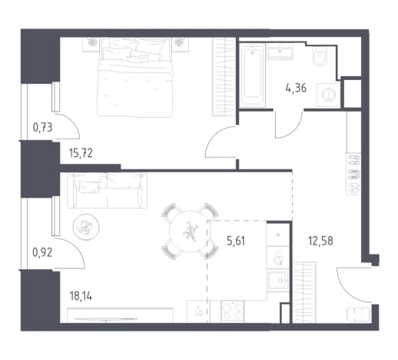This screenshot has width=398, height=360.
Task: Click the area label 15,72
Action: tap(81, 153)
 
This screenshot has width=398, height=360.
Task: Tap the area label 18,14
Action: tap(81, 296)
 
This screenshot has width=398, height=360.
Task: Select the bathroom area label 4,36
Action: tap(296, 88)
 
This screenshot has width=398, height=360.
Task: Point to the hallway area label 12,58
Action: tap(320, 241)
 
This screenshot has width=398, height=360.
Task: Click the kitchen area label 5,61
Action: tap(236, 241)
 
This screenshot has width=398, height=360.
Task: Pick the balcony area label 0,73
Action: tap(42, 127)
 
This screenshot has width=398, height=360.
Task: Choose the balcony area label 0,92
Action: tap(42, 253)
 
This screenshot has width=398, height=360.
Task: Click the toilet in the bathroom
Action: tap(320, 57)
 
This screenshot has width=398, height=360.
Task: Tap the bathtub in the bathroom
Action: tap(253, 75)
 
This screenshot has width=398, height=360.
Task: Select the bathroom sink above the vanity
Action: tap(280, 52)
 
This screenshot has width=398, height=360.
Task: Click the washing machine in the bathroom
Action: tap(328, 95)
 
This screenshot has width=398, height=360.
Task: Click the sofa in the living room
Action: tap(107, 190)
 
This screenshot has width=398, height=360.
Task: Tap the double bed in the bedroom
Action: tap(135, 78)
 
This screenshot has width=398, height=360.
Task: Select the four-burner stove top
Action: tap(232, 312)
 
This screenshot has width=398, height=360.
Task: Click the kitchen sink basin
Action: tap(277, 280)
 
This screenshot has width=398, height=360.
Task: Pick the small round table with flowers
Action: tap(86, 227)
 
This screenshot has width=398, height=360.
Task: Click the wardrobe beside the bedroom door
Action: tap(224, 77)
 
